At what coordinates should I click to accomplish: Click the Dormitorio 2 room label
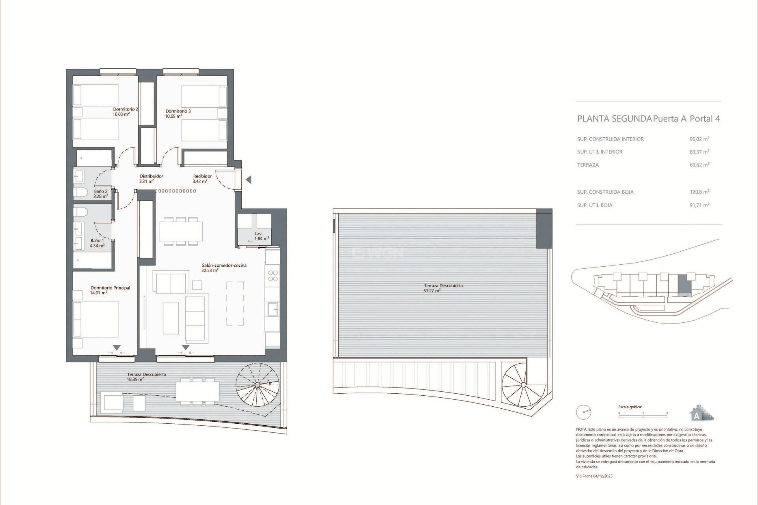(x=125, y=109)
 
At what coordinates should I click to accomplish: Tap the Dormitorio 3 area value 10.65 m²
(x=173, y=116)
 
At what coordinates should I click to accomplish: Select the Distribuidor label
(x=151, y=176)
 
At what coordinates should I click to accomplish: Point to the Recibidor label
(x=202, y=176)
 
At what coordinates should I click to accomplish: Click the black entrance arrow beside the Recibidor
(x=248, y=180)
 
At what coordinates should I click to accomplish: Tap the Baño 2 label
(x=101, y=191)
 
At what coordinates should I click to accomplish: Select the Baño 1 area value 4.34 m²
(x=97, y=246)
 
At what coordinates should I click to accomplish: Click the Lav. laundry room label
(x=259, y=234)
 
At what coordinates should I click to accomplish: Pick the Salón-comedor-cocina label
(x=224, y=266)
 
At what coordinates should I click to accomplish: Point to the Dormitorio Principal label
(x=110, y=288)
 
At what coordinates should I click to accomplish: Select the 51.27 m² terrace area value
(x=432, y=291)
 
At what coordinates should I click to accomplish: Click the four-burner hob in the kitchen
(x=272, y=275)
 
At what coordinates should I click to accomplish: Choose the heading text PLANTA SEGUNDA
(x=614, y=119)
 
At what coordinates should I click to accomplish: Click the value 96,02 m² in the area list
(x=699, y=139)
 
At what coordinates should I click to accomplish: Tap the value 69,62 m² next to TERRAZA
(x=699, y=165)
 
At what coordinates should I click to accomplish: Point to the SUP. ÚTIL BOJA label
(x=595, y=205)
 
